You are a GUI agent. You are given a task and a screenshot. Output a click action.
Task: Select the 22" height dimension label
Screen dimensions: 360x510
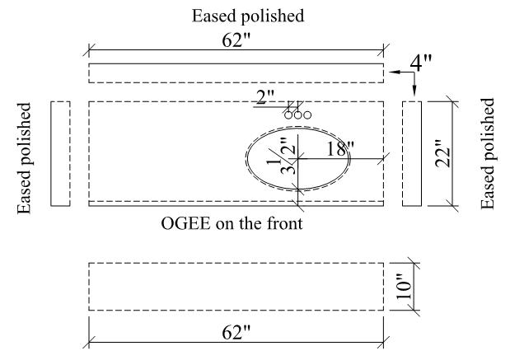coord(442,153)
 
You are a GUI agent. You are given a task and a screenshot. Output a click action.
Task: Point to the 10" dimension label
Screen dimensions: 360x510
coord(404,288)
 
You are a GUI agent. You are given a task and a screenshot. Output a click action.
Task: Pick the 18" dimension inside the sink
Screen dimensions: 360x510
coord(339,149)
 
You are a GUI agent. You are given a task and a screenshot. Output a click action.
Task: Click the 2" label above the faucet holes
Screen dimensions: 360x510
coord(265,98)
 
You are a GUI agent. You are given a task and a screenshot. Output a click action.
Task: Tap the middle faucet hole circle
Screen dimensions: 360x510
coord(297,115)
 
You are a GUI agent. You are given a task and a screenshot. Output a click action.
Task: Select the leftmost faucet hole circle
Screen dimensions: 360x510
coord(288,115)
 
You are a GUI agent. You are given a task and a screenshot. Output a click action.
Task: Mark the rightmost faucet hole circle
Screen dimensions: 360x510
coord(307,115)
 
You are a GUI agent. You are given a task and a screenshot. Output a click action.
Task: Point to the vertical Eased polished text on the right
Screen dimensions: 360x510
coord(489,153)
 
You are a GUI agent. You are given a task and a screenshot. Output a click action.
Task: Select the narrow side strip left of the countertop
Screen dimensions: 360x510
coord(60,153)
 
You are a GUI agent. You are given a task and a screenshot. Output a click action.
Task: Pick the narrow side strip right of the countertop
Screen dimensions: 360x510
coord(412,153)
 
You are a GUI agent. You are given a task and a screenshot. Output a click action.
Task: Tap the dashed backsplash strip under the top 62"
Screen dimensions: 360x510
coord(236,72)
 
